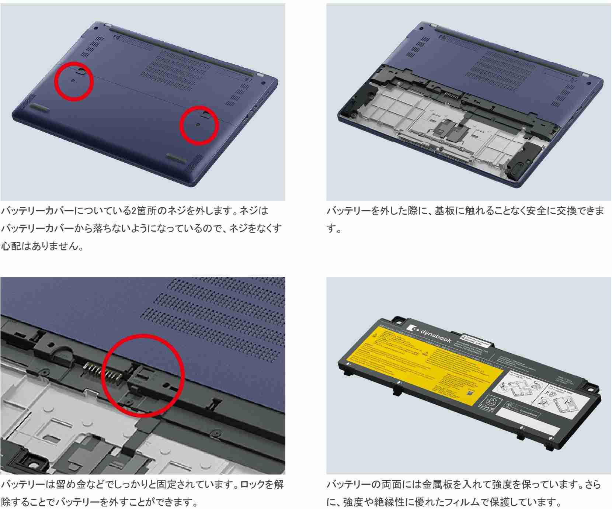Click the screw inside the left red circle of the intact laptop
[x=73, y=80]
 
